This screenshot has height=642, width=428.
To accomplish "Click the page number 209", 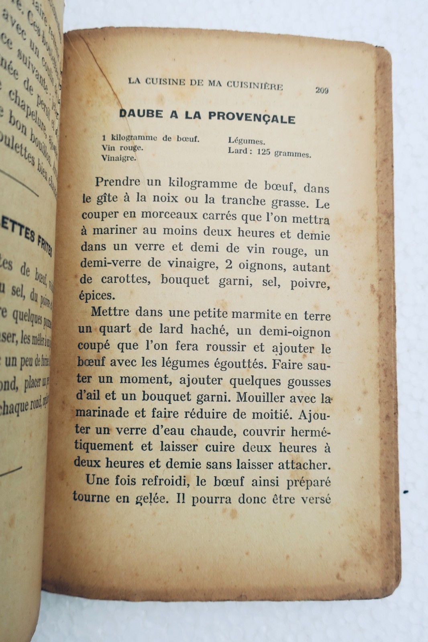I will pos(322,91).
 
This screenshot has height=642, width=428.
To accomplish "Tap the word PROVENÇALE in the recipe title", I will pos(252,118).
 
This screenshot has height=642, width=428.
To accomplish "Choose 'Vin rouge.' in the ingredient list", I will pos(122,148).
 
